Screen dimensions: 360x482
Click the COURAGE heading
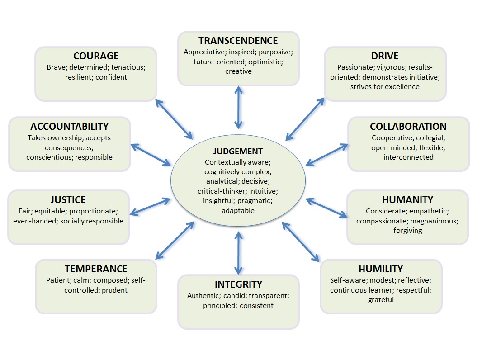96,56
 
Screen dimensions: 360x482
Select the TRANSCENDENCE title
238,41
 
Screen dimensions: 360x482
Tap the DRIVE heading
385,56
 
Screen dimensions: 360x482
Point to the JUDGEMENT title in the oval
238,152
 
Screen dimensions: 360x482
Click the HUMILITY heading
381,269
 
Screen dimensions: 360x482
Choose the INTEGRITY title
238,284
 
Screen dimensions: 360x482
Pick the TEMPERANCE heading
96,269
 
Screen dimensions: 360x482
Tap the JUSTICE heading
68,199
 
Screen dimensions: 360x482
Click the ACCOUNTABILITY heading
70,126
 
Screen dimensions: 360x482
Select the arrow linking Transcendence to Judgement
238,108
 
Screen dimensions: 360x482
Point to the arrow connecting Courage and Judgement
174,118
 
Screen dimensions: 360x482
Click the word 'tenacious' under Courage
129,67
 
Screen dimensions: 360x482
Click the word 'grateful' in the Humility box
381,299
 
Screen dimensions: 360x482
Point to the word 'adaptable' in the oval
238,210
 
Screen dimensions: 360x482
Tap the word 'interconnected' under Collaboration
408,157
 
